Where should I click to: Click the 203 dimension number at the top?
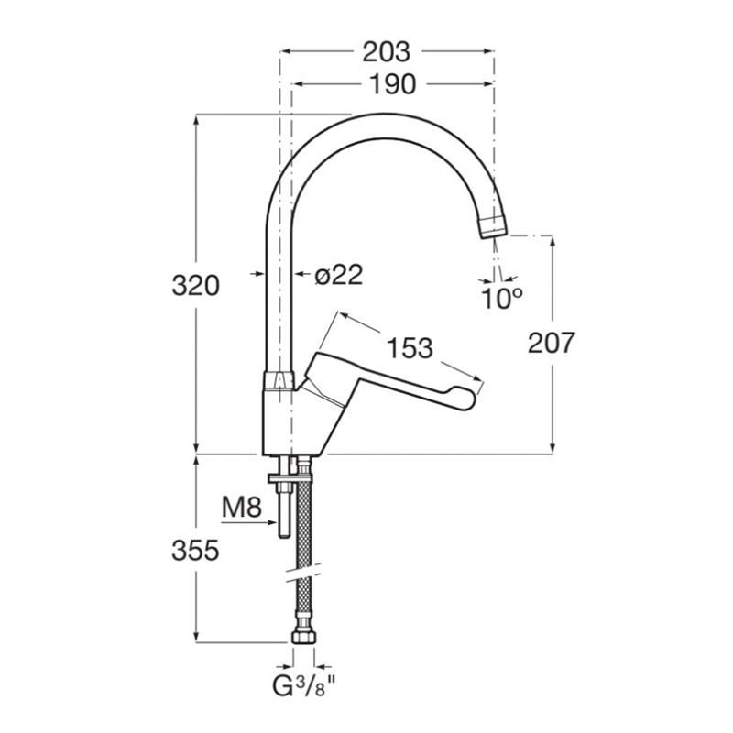pos(386,52)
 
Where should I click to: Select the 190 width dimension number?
pos(392,84)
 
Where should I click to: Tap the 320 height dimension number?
pos(195,286)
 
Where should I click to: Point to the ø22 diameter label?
pos(338,276)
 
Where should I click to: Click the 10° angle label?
pos(501,299)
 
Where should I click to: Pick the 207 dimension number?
pos(551,343)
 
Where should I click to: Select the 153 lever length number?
pos(410,348)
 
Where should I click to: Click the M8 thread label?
pos(241,508)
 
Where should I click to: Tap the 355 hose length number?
pos(195,551)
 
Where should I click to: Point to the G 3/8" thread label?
pos(304,686)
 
